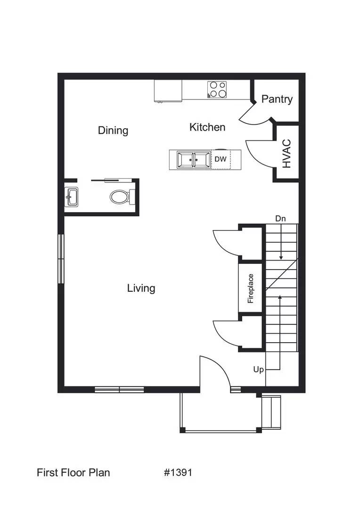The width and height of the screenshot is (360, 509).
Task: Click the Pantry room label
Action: [277, 99]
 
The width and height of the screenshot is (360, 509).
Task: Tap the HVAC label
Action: [287, 154]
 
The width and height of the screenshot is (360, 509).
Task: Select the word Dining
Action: [113, 130]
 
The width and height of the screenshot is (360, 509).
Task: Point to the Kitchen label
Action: [207, 127]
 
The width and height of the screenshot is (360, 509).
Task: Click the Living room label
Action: [141, 288]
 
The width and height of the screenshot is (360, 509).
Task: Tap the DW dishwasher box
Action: [221, 159]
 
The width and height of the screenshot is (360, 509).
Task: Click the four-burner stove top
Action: [217, 89]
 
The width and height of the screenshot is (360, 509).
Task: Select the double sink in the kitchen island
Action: [194, 159]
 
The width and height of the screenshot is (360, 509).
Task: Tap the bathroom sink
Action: [72, 197]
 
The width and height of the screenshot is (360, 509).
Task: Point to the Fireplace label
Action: [251, 288]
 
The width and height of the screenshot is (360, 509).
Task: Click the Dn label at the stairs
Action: [280, 219]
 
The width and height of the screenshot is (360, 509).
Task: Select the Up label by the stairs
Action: [258, 369]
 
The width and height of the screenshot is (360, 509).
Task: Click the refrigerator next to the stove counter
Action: [168, 90]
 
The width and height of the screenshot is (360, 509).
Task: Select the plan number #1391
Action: [178, 472]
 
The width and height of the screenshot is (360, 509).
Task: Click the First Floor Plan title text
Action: [74, 472]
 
